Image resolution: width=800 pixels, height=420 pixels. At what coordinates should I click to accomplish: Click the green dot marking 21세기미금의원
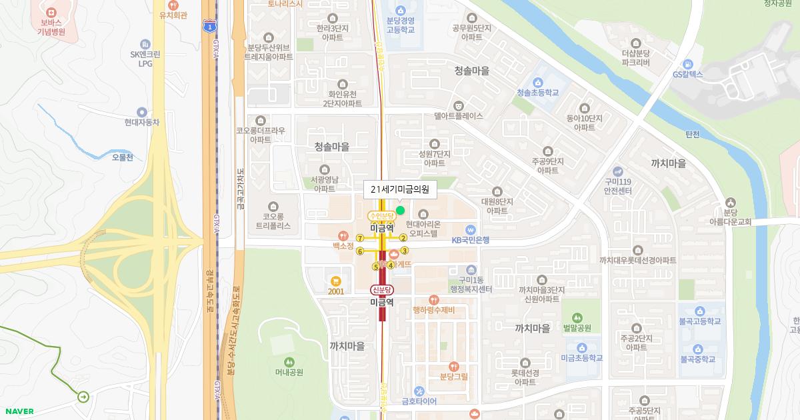400,210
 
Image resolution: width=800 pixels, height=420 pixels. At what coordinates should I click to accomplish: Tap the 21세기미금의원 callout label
400,189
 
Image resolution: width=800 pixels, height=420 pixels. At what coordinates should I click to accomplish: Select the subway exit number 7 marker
360,238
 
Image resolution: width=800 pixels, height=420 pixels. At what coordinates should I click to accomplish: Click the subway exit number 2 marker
403,238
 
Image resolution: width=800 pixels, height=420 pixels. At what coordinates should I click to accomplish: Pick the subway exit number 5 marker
376,267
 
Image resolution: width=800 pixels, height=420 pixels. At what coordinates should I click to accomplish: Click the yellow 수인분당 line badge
382,215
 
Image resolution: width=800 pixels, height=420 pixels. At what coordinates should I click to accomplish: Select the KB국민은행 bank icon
471,229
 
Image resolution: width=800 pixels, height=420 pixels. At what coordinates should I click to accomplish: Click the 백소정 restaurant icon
343,235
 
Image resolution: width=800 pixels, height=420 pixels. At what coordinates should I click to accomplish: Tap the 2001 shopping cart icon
336,281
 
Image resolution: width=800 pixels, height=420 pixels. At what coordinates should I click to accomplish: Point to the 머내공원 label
289,372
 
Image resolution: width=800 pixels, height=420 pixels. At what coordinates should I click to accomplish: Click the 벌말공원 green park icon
577,317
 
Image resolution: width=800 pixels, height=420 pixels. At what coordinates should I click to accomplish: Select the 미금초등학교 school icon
581,347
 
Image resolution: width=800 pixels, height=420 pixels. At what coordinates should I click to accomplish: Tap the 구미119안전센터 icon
617,171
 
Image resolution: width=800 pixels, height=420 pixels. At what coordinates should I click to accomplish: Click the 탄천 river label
693,134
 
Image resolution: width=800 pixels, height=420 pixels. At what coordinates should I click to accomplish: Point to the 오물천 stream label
123,157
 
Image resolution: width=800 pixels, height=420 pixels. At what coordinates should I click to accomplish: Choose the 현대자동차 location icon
141,112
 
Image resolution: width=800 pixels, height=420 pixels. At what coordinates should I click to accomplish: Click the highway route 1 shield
209,26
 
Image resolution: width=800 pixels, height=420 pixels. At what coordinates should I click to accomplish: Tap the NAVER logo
19,411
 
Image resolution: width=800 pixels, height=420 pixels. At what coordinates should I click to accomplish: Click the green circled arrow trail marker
83,397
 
